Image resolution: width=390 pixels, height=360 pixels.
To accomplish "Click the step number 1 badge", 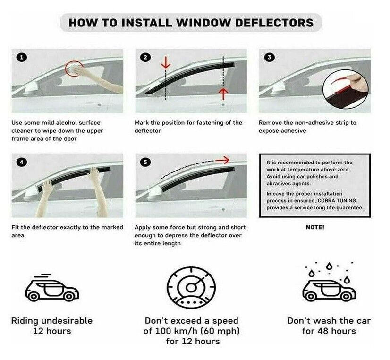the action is pos(22,58).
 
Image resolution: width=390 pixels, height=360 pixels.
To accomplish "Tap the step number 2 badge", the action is pos(145,58).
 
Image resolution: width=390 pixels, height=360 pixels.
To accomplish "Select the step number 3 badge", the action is pos(270,58).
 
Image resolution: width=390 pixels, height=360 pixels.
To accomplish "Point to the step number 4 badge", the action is pos(22,162).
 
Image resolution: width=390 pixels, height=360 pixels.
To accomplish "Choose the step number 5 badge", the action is pos(145,162).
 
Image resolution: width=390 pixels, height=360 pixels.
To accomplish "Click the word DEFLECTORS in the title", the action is pos(274,23).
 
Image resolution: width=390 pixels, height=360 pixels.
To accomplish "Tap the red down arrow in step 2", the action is pos(166,63).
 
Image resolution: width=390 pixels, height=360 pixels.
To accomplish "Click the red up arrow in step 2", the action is pos(224,94).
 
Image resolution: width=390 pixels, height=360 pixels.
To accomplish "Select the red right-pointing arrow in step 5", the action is pos(222,161).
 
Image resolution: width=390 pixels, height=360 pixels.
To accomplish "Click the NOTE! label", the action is pos(315,227).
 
